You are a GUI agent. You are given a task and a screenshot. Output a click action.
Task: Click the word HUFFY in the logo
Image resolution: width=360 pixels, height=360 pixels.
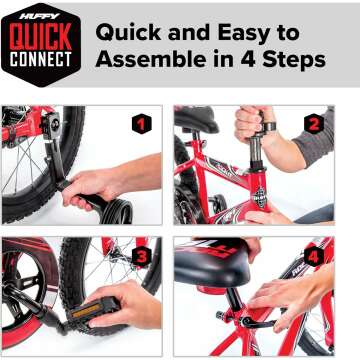tap(40, 14)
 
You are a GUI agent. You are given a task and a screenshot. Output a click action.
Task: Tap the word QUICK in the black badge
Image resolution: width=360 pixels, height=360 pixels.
tap(40, 37)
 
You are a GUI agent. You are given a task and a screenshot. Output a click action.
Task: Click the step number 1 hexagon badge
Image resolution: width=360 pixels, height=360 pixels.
tap(142, 125)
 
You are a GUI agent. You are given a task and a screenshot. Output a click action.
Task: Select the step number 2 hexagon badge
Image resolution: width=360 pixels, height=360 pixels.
tap(313, 125)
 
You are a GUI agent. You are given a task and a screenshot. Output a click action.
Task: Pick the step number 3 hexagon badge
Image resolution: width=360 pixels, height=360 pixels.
tap(142, 256)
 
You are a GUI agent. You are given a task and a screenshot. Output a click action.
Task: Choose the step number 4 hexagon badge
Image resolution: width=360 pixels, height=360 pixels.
tap(313, 257)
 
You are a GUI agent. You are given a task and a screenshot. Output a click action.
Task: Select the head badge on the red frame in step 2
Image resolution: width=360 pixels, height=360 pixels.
tap(257, 195)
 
